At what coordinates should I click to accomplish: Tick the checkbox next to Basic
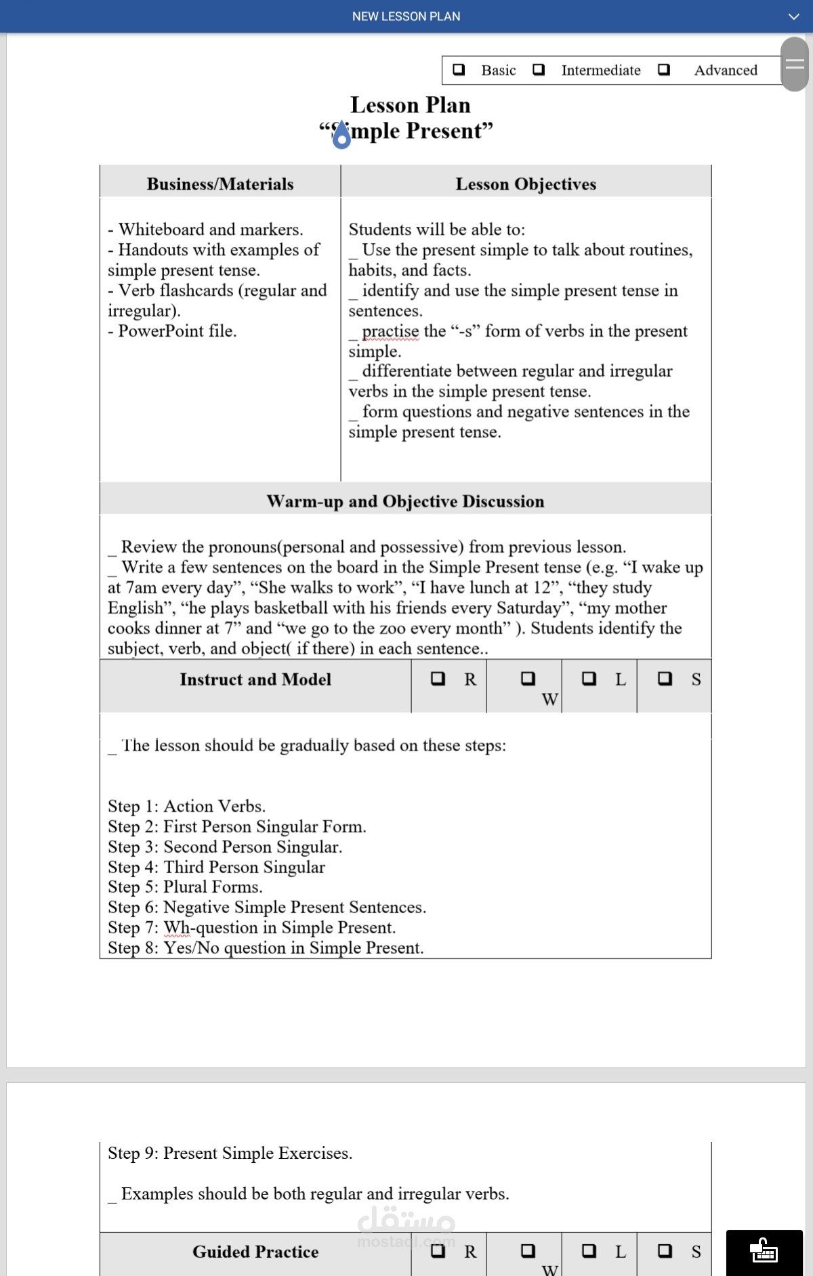coord(459,70)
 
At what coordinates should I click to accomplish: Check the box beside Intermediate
coord(539,70)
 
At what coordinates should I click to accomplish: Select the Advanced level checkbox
coord(664,70)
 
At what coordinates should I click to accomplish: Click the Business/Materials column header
coord(220,184)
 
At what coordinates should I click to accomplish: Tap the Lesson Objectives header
coord(526,184)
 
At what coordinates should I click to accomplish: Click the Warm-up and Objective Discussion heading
coord(405,501)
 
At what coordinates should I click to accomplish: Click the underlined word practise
coord(390,331)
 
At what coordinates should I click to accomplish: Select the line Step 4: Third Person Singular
coord(216,867)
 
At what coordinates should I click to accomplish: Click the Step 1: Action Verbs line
coord(186,806)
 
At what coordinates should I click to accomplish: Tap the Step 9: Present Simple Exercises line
coord(230,1153)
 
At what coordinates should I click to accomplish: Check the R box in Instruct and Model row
coord(438,679)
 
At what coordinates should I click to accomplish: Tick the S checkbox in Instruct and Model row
coord(665,679)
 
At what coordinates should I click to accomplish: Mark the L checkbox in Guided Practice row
coord(589,1251)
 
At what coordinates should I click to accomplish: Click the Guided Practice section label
coord(255,1252)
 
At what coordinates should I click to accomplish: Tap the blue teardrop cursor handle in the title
coord(342,135)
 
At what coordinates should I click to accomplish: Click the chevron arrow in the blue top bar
coord(794,16)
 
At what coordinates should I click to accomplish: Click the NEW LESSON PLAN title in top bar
coord(406,16)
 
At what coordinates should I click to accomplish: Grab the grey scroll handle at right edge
coord(795,64)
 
